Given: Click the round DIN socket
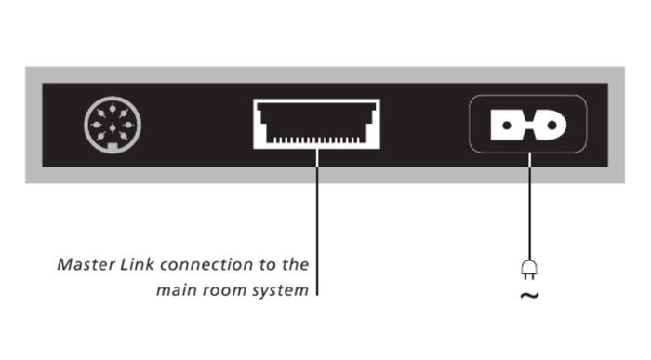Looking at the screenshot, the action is [113, 125].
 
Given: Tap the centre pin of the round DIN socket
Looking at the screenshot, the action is [113, 127].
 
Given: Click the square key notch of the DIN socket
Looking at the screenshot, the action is [113, 146].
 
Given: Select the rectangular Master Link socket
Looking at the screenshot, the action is [316, 124].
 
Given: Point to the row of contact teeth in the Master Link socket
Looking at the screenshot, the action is [316, 140].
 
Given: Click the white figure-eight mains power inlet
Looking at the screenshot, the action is [528, 125].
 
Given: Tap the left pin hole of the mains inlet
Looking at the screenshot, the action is [507, 125].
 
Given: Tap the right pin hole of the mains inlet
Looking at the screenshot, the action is [551, 125].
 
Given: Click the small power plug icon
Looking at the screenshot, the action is [529, 270].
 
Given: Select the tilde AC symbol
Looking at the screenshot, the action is [529, 296].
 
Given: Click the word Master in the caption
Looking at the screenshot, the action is [86, 264].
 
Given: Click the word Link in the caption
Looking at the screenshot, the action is [137, 264].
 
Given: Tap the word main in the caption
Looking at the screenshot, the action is [175, 290].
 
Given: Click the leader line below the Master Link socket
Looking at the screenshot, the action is [317, 222].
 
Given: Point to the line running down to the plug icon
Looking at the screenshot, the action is [529, 207].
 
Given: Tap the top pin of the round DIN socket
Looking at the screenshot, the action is [113, 108].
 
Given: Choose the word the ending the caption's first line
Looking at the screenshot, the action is [296, 264].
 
